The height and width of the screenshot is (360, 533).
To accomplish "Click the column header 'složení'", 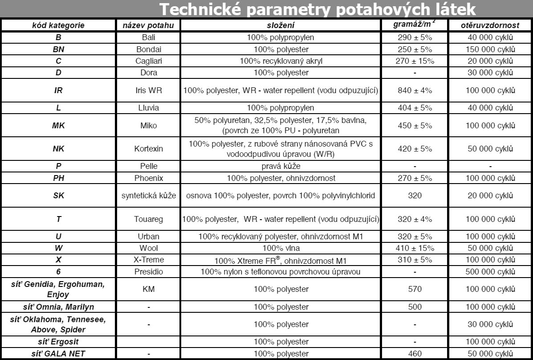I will point(281,26).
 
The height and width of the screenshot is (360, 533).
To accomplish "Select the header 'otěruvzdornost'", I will point(490,26).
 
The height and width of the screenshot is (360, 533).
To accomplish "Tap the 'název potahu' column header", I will point(148,26).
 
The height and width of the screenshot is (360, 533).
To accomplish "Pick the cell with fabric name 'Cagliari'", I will point(148,61).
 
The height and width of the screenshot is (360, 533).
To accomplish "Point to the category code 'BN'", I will point(58,49).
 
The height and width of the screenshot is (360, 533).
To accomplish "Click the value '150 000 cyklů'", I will point(490,49).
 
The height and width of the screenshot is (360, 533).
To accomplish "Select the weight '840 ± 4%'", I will point(415,90).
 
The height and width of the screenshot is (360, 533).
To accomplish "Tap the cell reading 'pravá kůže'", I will point(281,167).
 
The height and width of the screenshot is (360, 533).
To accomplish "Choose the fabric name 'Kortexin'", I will point(148,149).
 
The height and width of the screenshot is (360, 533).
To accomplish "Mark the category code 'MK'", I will point(58,126).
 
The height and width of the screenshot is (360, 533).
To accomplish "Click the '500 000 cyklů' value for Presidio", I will point(490,271).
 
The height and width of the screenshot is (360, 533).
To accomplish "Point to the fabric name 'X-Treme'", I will point(148,260).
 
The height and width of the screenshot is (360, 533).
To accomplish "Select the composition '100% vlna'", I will point(281,248).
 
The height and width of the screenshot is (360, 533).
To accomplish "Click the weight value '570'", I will point(415,289).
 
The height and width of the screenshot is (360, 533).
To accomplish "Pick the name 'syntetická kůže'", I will point(148,196).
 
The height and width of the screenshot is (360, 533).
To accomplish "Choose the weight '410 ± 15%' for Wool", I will point(415,248).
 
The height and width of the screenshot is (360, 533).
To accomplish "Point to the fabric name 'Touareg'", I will point(148,219).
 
